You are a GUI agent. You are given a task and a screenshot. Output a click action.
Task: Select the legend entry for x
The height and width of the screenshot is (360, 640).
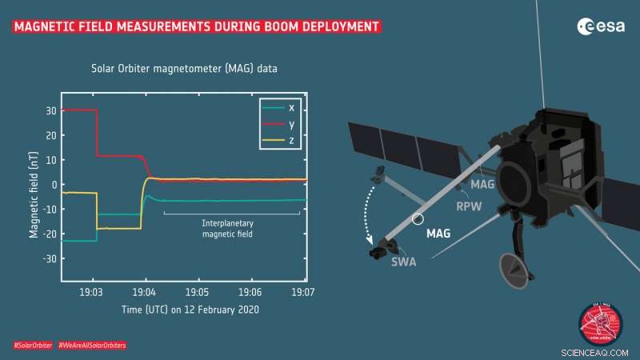[279, 107]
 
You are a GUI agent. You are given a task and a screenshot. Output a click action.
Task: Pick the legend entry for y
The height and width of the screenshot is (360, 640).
[279, 124]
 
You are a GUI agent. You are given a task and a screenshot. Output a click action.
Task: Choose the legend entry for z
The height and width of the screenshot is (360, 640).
[279, 141]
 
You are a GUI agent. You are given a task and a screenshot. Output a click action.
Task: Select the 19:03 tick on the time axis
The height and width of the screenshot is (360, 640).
[92, 292]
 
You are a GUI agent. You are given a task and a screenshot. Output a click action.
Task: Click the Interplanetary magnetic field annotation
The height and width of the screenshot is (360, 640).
[231, 227]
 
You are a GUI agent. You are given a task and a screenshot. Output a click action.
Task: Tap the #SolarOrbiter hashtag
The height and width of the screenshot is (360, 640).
[33, 345]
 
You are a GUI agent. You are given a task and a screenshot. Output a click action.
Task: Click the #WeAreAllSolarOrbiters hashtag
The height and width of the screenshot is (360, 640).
[92, 345]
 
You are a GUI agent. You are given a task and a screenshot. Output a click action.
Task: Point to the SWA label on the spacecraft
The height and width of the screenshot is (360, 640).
[403, 262]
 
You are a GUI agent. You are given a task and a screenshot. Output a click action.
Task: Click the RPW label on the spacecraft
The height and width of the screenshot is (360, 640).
[468, 206]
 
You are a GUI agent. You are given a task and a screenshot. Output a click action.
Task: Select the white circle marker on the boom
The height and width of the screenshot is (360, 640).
[418, 218]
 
